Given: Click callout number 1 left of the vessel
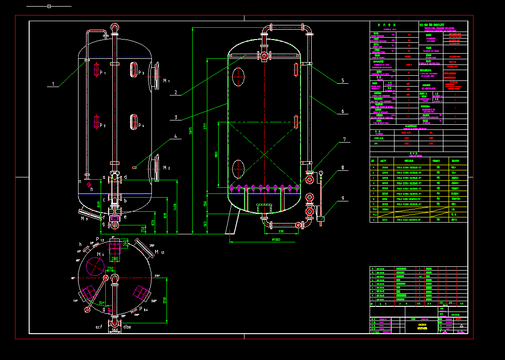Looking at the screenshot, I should click(x=53, y=85).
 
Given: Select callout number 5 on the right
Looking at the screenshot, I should click(x=342, y=81).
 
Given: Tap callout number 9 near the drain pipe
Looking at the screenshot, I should click(x=342, y=198).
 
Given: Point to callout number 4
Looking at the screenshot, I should click(x=175, y=137).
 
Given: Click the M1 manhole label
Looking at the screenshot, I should click(x=166, y=81).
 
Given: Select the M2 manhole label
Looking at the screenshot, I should click(x=166, y=168).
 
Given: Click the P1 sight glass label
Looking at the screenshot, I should click(x=103, y=73).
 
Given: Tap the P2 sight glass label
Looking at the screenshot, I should click(x=103, y=126).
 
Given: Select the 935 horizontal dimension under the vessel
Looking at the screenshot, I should click(x=281, y=232).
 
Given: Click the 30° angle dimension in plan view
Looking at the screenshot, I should click(x=102, y=304).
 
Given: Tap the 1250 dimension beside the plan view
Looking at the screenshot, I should click(x=165, y=299).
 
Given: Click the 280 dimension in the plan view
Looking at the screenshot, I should click(x=115, y=258).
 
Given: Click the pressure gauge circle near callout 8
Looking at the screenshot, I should click(x=321, y=173).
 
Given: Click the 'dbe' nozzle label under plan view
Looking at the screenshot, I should click(x=127, y=326).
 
